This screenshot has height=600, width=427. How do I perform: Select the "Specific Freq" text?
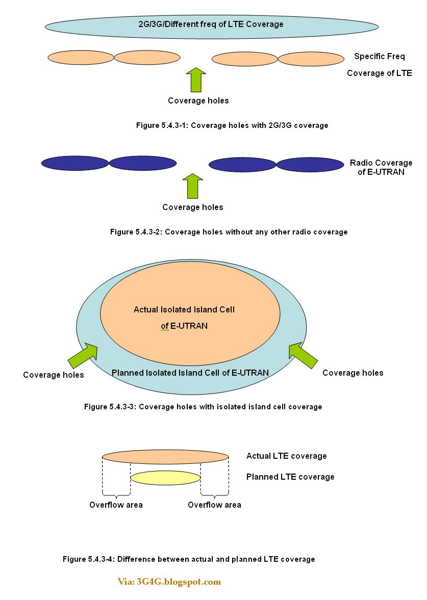click(x=380, y=57)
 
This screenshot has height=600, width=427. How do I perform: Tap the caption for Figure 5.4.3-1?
click(x=232, y=125)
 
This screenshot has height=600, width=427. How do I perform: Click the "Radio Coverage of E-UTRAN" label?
click(x=381, y=167)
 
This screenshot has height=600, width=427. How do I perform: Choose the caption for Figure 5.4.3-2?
click(x=229, y=232)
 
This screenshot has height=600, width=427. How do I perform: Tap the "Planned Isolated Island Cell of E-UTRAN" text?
click(x=190, y=373)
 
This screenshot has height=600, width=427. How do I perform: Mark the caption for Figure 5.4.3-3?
click(x=203, y=407)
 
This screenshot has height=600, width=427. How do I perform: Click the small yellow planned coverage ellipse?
click(x=165, y=478)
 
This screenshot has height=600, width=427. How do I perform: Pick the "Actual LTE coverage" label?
click(x=286, y=456)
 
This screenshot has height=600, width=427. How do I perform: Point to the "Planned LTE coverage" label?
click(x=290, y=477)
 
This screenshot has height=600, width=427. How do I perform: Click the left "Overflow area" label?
click(x=116, y=505)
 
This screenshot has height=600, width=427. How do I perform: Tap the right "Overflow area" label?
click(x=214, y=505)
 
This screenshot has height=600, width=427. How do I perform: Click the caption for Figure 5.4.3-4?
click(x=189, y=559)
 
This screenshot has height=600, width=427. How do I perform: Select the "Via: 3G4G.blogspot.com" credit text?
click(x=169, y=582)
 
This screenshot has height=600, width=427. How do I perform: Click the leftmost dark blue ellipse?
click(x=75, y=163)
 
